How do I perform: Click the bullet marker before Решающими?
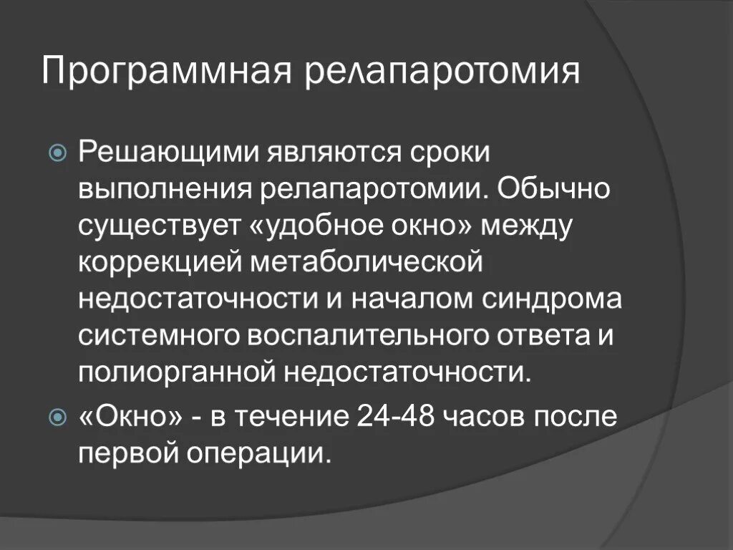coord(59,153)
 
